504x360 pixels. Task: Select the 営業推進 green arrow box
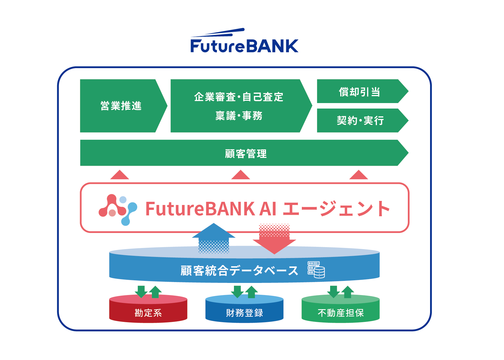(x=121, y=106)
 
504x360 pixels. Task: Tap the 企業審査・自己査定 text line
(x=239, y=97)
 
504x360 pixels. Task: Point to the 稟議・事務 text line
(x=239, y=116)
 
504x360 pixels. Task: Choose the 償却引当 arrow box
(x=360, y=92)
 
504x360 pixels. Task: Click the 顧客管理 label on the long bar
(x=246, y=153)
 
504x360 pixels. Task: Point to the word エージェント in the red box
(x=336, y=209)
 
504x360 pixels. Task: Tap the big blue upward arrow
(x=214, y=237)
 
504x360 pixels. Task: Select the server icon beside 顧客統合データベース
(x=316, y=270)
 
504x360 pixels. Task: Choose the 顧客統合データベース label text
(x=239, y=271)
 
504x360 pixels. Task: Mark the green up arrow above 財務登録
(x=252, y=292)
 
